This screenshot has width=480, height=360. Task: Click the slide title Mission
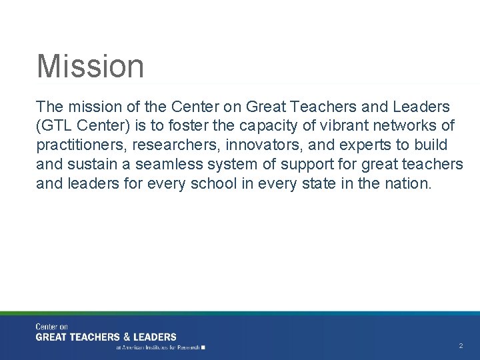[x=90, y=66]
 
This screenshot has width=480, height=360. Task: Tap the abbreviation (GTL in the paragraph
[x=53, y=126]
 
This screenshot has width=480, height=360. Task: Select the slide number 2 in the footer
[x=461, y=346]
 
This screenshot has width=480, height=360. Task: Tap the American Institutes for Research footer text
[x=160, y=347]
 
